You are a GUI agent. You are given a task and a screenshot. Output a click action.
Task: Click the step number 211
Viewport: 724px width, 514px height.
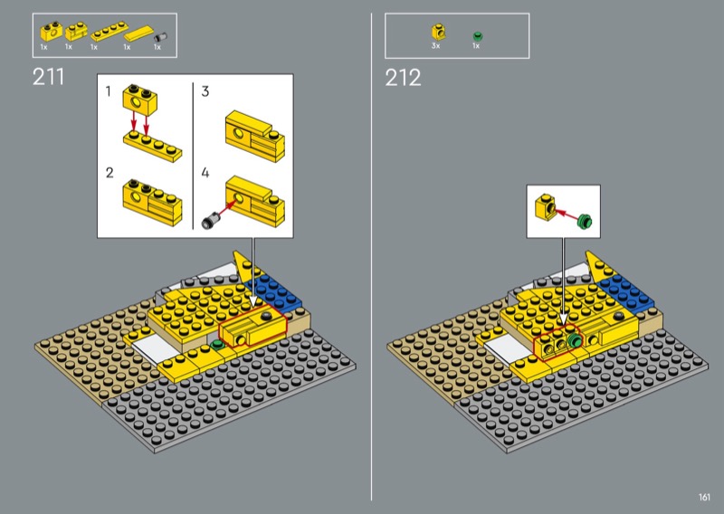[48, 77]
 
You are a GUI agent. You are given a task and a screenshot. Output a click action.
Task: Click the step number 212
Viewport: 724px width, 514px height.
[403, 78]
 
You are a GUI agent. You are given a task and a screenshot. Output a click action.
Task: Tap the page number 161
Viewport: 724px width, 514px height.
[704, 497]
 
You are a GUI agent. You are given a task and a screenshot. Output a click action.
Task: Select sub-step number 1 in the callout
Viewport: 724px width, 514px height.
[108, 91]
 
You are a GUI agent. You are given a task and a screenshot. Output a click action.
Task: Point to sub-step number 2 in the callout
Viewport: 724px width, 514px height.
[109, 173]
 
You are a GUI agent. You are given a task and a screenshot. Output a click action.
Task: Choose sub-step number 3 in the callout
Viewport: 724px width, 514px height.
[205, 91]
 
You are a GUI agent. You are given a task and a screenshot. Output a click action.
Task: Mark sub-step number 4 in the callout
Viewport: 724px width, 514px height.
[205, 173]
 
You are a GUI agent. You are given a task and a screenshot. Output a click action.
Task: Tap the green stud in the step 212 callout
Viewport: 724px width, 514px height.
[585, 221]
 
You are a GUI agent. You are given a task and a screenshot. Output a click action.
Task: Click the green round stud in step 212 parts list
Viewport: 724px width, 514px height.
[478, 36]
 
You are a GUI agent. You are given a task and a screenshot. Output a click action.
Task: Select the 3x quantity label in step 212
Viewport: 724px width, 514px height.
[435, 46]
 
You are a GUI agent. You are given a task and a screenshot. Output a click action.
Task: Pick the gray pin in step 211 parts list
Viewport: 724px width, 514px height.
[161, 37]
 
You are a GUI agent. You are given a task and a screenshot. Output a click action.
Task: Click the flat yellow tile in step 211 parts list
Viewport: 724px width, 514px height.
[138, 33]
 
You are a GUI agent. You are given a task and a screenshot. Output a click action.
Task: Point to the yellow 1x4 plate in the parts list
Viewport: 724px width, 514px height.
[109, 32]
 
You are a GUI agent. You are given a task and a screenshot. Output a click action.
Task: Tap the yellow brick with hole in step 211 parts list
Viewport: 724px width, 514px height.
[51, 32]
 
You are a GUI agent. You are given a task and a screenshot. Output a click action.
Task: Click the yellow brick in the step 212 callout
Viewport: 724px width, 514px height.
[545, 207]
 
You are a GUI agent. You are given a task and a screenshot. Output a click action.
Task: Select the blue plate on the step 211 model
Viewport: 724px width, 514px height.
[273, 291]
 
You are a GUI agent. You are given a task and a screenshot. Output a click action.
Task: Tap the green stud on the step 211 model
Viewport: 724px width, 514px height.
[215, 344]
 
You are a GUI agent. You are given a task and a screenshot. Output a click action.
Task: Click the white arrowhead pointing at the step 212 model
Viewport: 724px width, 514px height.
[563, 320]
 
